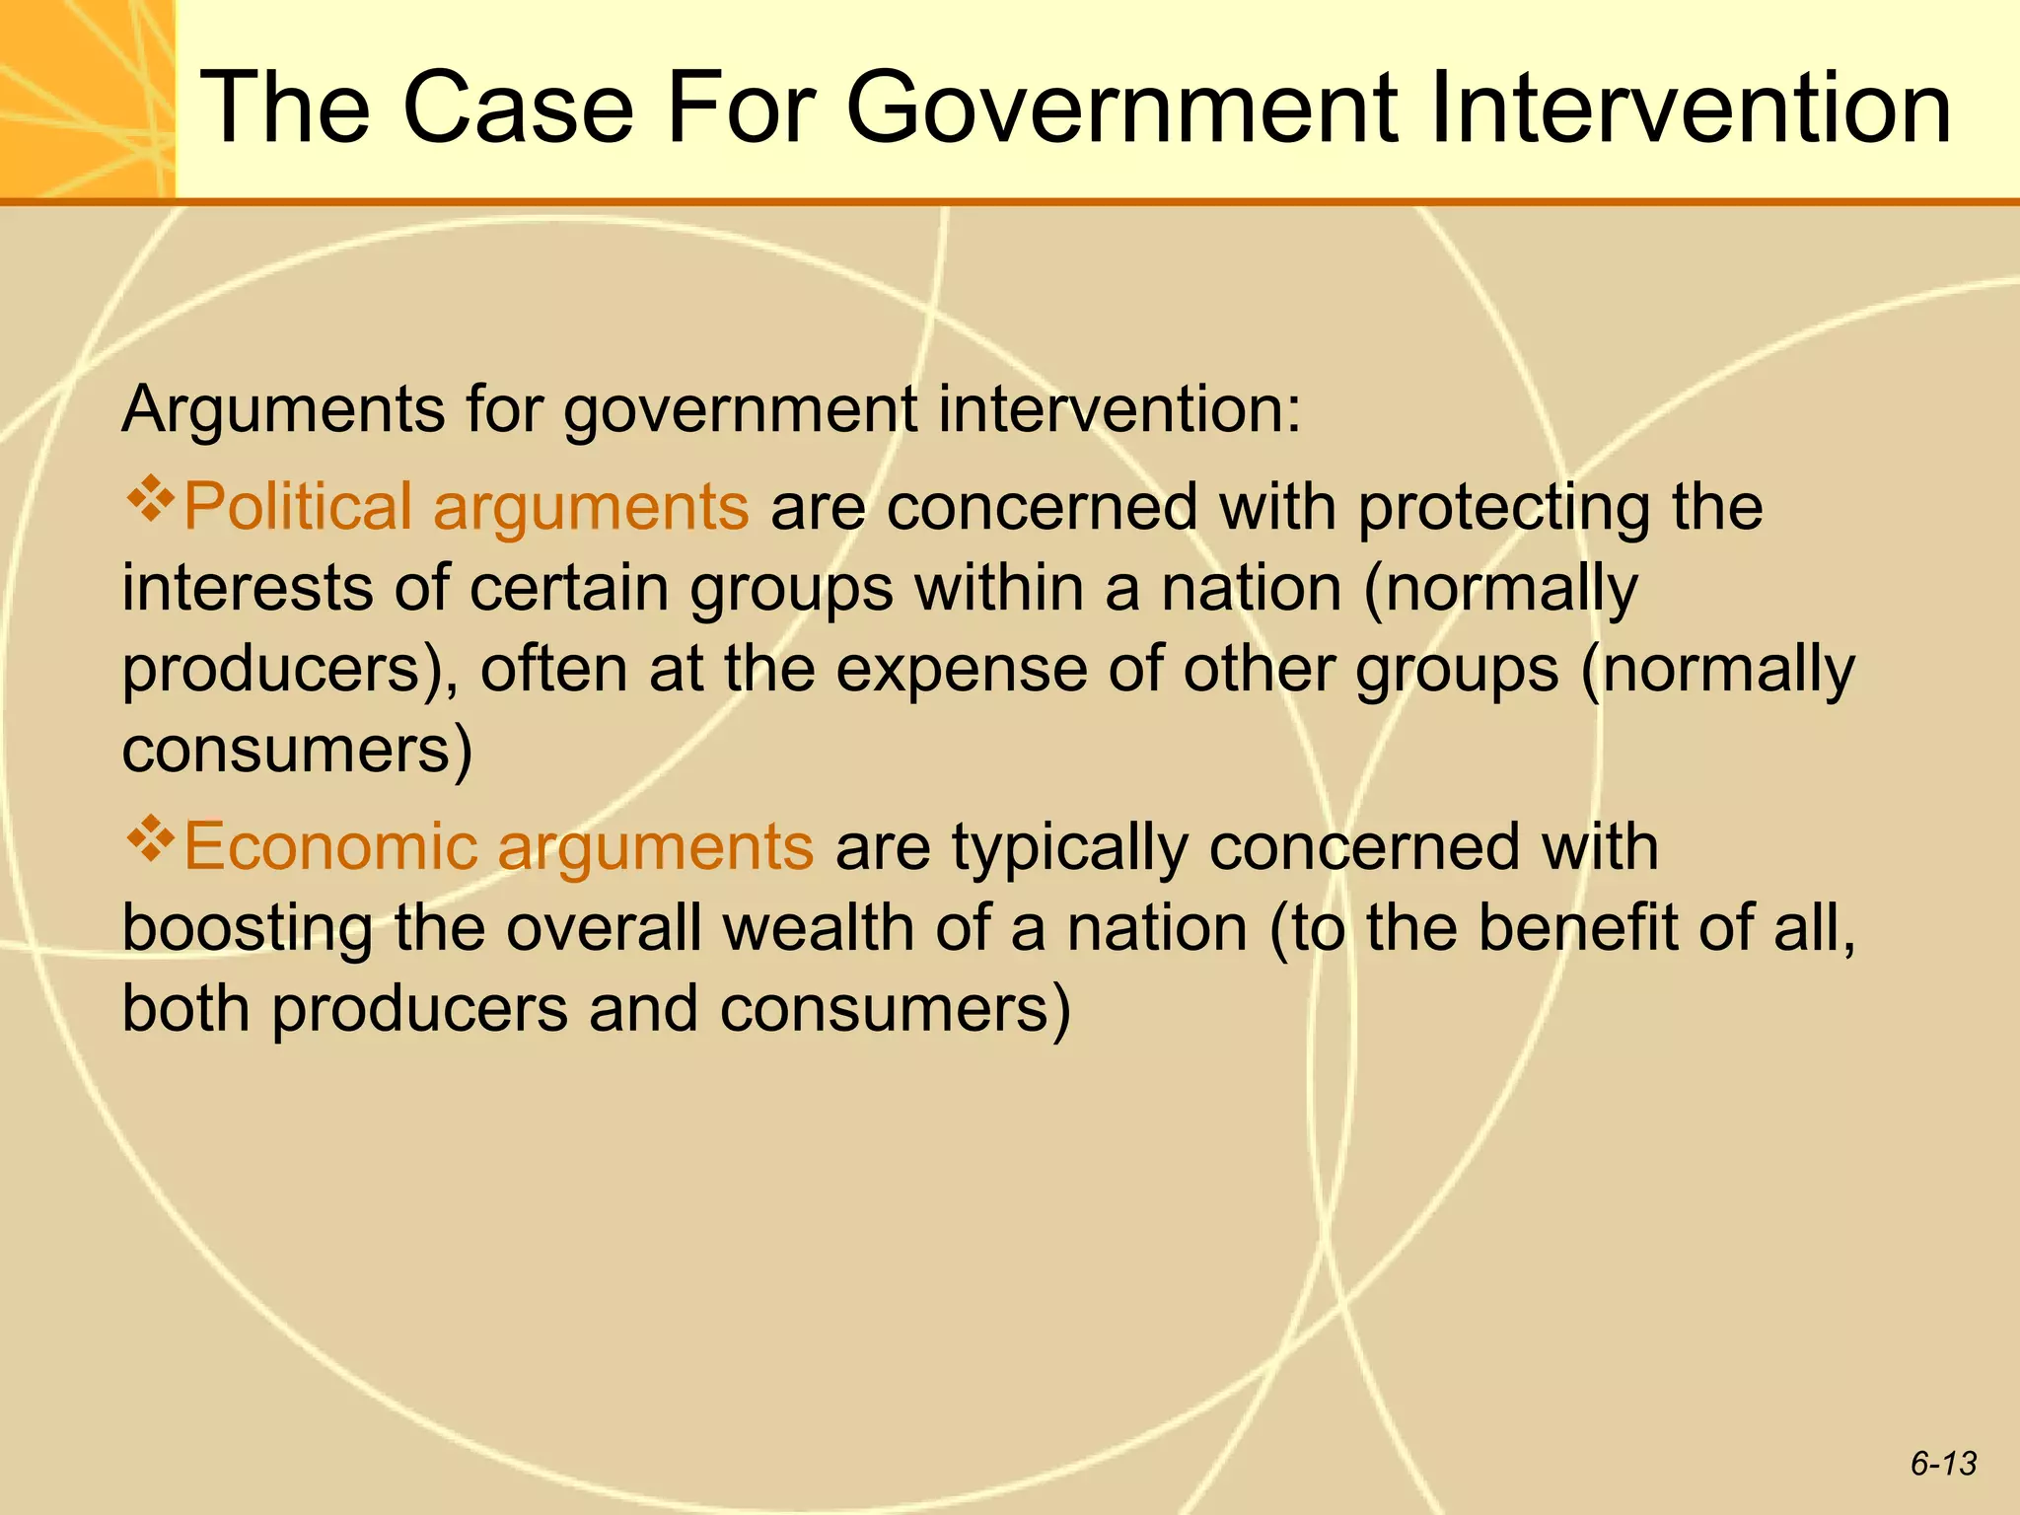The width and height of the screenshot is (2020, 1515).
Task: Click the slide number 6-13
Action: pyautogui.click(x=1943, y=1463)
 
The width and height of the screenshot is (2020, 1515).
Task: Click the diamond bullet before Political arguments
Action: pyautogui.click(x=150, y=498)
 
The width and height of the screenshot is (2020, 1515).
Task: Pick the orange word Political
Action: pyautogui.click(x=297, y=507)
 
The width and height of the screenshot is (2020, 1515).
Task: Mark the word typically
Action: pyautogui.click(x=1070, y=849)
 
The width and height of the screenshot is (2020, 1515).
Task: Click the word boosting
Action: pyautogui.click(x=248, y=930)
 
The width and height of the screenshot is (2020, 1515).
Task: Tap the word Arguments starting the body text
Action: pyautogui.click(x=283, y=410)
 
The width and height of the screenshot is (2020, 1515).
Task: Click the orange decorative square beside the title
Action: pyautogui.click(x=87, y=99)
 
